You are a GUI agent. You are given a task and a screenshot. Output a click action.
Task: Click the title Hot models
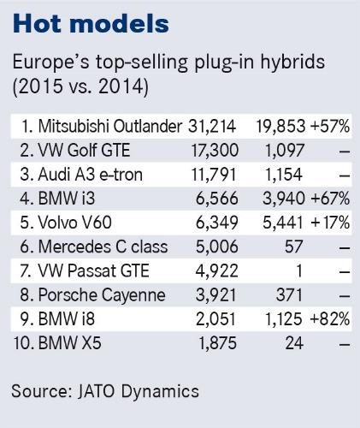pyautogui.click(x=91, y=23)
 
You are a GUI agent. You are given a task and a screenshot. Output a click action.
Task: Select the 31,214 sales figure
pyautogui.click(x=212, y=126)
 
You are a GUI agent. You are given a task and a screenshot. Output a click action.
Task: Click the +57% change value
pyautogui.click(x=330, y=126)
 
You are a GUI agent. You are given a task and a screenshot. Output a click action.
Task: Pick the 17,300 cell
pyautogui.click(x=215, y=151)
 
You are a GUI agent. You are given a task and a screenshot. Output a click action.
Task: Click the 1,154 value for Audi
pyautogui.click(x=283, y=175)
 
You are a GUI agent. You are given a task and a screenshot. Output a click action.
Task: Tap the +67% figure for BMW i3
pyautogui.click(x=330, y=199)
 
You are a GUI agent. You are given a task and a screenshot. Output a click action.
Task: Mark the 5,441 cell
pyautogui.click(x=282, y=223)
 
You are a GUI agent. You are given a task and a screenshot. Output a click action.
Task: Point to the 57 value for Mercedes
pyautogui.click(x=293, y=247)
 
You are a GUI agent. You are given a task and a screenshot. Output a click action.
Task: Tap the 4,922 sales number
pyautogui.click(x=216, y=270)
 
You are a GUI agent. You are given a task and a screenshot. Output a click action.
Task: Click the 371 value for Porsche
pyautogui.click(x=289, y=294)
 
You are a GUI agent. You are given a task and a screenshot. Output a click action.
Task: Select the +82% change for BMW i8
pyautogui.click(x=329, y=318)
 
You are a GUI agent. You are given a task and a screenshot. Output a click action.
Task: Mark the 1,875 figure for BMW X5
pyautogui.click(x=217, y=343)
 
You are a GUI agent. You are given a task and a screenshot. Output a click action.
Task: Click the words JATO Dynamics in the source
pyautogui.click(x=138, y=391)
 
